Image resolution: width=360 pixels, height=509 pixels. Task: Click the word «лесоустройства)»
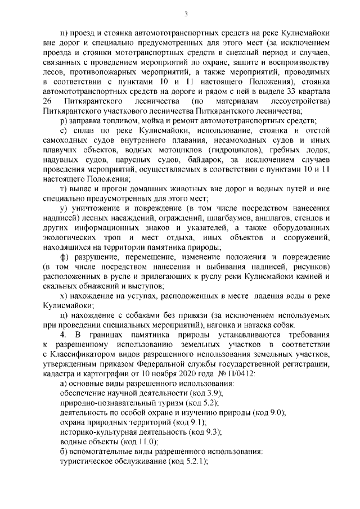(x=296, y=102)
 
